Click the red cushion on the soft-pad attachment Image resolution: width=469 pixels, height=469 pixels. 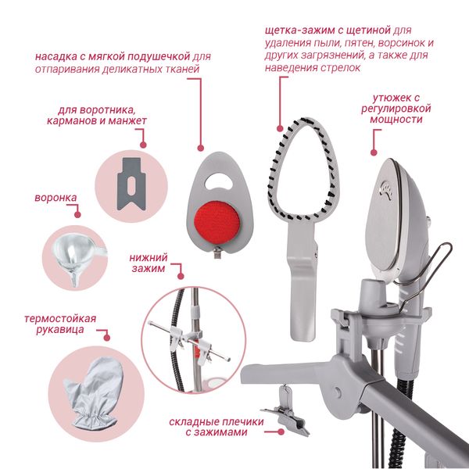pyautogui.click(x=217, y=222)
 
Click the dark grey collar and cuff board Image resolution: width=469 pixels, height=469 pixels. pyautogui.click(x=131, y=184)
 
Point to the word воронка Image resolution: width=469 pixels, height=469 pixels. pyautogui.click(x=55, y=198)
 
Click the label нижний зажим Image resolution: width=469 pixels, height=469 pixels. pyautogui.click(x=149, y=263)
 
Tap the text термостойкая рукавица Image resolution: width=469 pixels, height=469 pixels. pyautogui.click(x=60, y=324)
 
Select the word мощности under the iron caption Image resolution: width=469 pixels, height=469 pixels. pyautogui.click(x=396, y=120)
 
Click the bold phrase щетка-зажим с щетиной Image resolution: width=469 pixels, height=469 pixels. pyautogui.click(x=328, y=30)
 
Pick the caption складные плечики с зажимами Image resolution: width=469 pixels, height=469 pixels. pyautogui.click(x=217, y=427)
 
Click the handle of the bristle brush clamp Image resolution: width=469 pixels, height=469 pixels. pyautogui.click(x=302, y=281)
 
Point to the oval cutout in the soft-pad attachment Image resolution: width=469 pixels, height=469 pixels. pyautogui.click(x=220, y=181)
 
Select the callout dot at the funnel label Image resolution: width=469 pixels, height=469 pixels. pyautogui.click(x=77, y=214)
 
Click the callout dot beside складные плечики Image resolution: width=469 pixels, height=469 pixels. pyautogui.click(x=281, y=432)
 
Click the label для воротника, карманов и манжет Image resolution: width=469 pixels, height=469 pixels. pyautogui.click(x=97, y=116)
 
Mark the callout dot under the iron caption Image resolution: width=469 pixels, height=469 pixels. pyautogui.click(x=374, y=152)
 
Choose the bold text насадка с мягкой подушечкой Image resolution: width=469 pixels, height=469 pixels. pyautogui.click(x=113, y=56)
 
